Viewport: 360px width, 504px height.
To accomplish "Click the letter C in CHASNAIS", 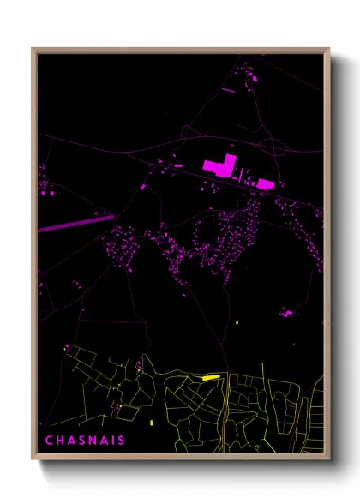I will [49, 441].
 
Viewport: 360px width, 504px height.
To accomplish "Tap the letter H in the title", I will [59, 441].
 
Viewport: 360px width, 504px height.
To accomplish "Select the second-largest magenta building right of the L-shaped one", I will [266, 183].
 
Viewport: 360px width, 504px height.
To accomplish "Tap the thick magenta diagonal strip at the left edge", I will [75, 223].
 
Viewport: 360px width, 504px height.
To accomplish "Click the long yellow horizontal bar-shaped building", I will [210, 376].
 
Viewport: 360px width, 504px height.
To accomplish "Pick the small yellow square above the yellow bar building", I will [237, 322].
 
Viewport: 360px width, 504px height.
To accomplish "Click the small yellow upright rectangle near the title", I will [152, 423].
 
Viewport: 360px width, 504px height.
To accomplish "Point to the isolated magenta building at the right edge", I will [287, 313].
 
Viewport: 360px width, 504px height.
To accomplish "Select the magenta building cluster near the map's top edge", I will [254, 79].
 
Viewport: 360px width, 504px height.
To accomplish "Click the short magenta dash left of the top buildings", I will [229, 88].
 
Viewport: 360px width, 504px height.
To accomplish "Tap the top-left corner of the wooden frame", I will [33, 49].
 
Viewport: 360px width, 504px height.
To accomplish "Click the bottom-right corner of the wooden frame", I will [329, 460].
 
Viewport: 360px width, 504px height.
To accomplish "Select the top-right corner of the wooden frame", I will [329, 49].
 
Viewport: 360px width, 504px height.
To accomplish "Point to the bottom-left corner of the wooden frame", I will [33, 460].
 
